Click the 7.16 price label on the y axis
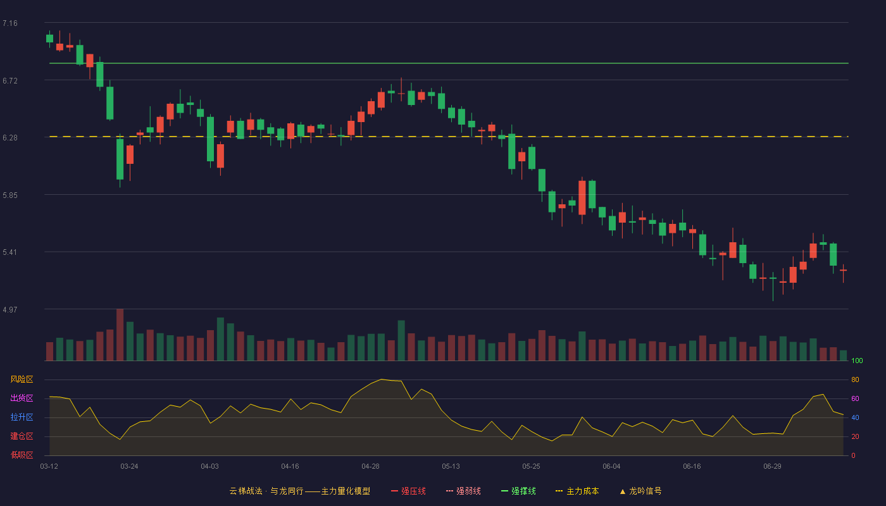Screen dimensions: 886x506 point(10,23)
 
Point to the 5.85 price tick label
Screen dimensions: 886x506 point(10,195)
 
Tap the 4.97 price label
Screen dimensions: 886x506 point(10,310)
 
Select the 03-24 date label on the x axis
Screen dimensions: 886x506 point(129,467)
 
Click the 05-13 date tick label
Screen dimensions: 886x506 point(451,467)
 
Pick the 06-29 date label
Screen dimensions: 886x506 point(773,467)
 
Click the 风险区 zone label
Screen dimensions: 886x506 point(22,379)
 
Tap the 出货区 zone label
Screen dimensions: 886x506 point(22,398)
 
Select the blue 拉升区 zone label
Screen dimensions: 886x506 point(22,417)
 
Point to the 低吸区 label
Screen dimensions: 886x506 point(22,455)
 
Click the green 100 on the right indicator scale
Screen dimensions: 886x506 point(857,361)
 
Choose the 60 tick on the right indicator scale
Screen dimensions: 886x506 point(855,398)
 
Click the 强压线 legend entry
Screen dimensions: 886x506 point(408,491)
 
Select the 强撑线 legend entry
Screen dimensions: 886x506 point(518,491)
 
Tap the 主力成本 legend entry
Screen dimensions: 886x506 point(577,491)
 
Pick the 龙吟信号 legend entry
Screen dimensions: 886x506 point(640,491)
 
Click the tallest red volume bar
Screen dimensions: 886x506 point(120,335)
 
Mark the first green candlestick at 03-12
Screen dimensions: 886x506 point(49,39)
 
